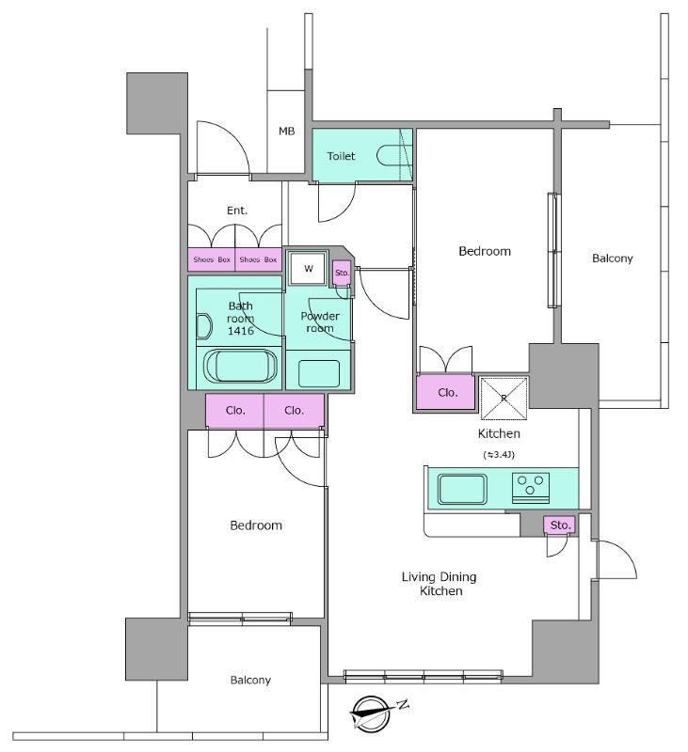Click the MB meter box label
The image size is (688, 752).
pyautogui.click(x=287, y=131)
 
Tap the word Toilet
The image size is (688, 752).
pyautogui.click(x=341, y=156)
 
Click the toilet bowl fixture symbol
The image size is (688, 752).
pyautogui.click(x=394, y=155)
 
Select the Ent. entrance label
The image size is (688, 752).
pyautogui.click(x=237, y=211)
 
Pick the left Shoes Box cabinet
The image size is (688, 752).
pyautogui.click(x=211, y=259)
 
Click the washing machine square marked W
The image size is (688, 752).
pyautogui.click(x=308, y=268)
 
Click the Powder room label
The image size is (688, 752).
pyautogui.click(x=320, y=321)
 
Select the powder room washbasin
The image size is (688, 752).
pyautogui.click(x=319, y=373)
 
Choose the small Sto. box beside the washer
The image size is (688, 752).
pyautogui.click(x=342, y=273)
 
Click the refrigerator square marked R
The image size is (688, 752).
pyautogui.click(x=504, y=399)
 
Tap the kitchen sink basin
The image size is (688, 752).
pyautogui.click(x=462, y=489)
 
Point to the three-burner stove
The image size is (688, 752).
pyautogui.click(x=531, y=488)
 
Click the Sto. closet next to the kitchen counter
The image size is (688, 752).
pyautogui.click(x=560, y=525)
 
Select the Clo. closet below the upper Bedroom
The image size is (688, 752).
pyautogui.click(x=445, y=393)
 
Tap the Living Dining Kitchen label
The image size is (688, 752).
pyautogui.click(x=440, y=584)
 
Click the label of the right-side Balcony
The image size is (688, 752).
pyautogui.click(x=612, y=258)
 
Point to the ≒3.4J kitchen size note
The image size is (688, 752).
pyautogui.click(x=499, y=455)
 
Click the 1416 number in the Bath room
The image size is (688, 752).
pyautogui.click(x=241, y=331)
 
